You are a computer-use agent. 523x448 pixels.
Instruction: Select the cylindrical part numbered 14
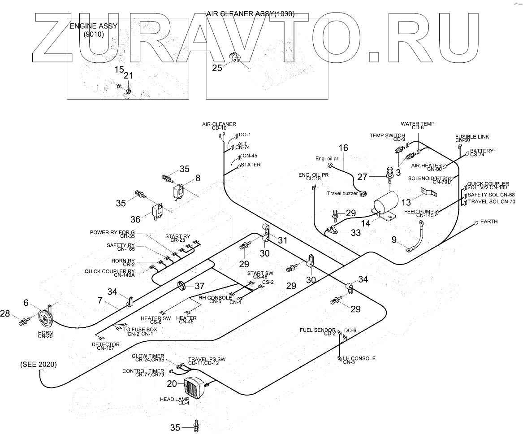[x=385, y=204]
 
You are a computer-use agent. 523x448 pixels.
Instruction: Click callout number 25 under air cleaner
[x=217, y=68]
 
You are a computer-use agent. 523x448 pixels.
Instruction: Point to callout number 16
[x=343, y=148]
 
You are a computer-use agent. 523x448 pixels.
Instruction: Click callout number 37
[x=199, y=286]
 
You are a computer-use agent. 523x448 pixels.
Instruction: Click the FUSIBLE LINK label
[x=472, y=137]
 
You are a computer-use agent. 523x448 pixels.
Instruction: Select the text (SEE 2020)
[x=39, y=364]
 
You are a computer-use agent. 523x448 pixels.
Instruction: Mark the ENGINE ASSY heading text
[x=94, y=26]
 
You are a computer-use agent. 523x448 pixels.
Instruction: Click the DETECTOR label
[x=105, y=344]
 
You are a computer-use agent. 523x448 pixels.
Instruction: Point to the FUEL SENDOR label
[x=317, y=330]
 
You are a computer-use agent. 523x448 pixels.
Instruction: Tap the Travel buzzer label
[x=342, y=194]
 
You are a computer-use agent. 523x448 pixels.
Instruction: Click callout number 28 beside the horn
[x=5, y=313]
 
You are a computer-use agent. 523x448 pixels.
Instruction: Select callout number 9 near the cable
[x=394, y=239]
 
